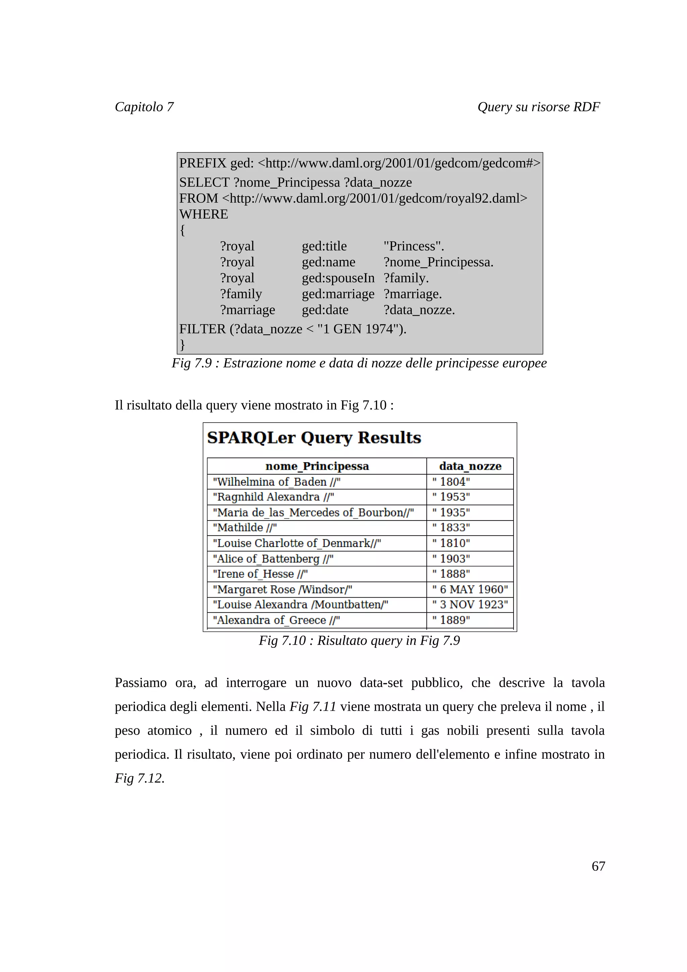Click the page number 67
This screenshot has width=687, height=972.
point(598,866)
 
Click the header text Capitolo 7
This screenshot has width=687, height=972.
point(144,107)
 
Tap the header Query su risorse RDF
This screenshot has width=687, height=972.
point(538,107)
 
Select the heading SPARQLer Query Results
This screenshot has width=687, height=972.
point(314,437)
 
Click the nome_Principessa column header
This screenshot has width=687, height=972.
point(317,466)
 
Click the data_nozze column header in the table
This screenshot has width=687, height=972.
point(470,466)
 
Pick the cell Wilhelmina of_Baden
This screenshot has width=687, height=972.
point(276,482)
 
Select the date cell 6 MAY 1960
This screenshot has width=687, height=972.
point(470,589)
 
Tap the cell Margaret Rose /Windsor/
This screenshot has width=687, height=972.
point(282,589)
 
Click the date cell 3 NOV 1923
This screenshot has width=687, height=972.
point(470,604)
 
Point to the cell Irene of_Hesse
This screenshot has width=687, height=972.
point(260,574)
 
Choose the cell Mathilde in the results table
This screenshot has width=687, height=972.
point(245,528)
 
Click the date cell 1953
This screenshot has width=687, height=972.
point(451,497)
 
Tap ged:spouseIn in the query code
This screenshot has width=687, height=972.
point(338,278)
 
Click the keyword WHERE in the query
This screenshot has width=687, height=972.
point(204,214)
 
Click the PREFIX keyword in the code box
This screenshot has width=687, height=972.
point(203,163)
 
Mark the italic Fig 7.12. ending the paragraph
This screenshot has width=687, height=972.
point(139,778)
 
